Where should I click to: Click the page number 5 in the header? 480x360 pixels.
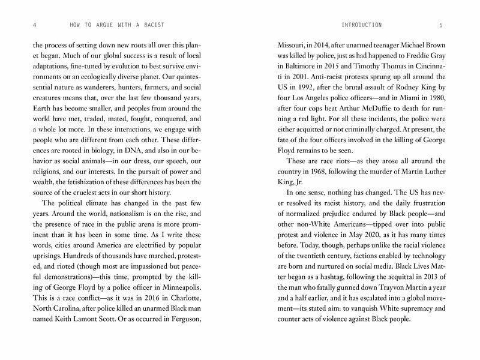point(440,25)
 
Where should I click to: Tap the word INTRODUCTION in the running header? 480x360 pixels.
point(361,25)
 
